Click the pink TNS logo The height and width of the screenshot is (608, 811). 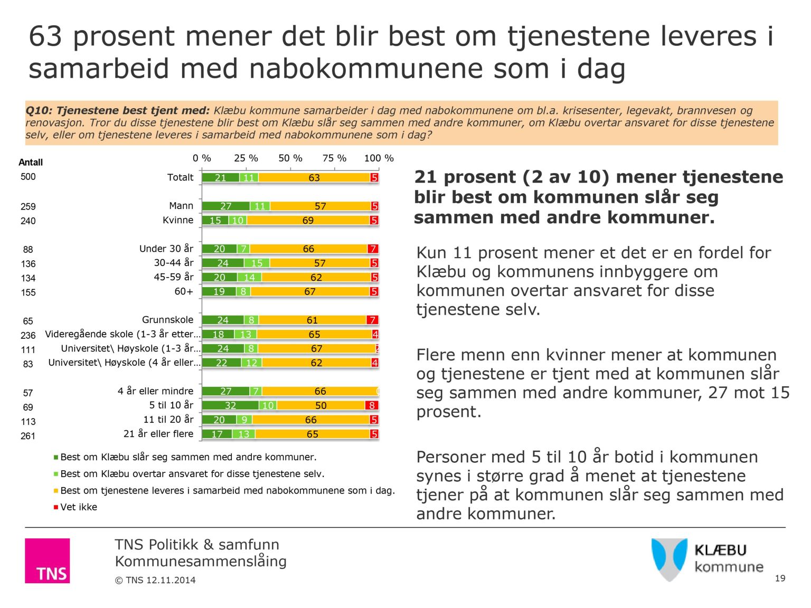pyautogui.click(x=47, y=560)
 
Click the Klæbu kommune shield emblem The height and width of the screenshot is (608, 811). pyautogui.click(x=669, y=558)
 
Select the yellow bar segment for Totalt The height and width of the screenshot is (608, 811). pyautogui.click(x=314, y=178)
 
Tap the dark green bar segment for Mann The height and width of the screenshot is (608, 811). pyautogui.click(x=225, y=206)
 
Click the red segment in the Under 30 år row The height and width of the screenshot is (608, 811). pyautogui.click(x=373, y=249)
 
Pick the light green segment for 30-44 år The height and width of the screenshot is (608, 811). pyautogui.click(x=257, y=263)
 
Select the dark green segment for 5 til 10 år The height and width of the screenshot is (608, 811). pyautogui.click(x=230, y=406)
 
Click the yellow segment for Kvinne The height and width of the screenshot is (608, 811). pyautogui.click(x=308, y=221)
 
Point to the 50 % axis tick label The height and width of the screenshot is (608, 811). pyautogui.click(x=290, y=158)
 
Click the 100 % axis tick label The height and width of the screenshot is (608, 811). pyautogui.click(x=379, y=158)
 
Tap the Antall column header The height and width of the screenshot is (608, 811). pyautogui.click(x=31, y=163)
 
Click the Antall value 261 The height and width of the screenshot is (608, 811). pyautogui.click(x=28, y=436)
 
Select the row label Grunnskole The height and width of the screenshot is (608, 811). pyautogui.click(x=167, y=320)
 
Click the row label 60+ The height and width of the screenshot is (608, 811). pyautogui.click(x=184, y=291)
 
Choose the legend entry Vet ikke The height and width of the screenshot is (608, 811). pyautogui.click(x=79, y=507)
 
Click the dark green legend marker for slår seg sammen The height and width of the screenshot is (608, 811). pyautogui.click(x=56, y=458)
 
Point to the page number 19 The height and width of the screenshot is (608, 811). pyautogui.click(x=780, y=578)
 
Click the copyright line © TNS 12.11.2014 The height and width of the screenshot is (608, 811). pyautogui.click(x=155, y=580)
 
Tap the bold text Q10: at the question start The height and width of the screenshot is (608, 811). pyautogui.click(x=39, y=111)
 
